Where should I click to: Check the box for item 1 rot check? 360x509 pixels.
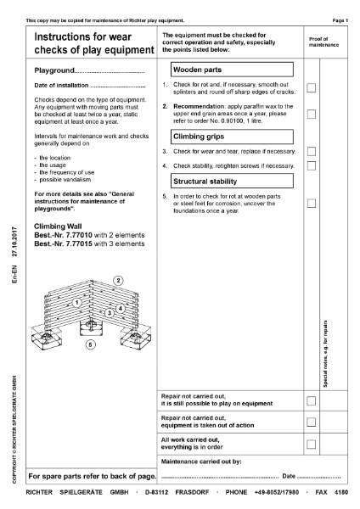(312, 87)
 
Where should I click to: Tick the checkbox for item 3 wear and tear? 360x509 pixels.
(312, 151)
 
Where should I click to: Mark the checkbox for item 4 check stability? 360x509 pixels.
(312, 165)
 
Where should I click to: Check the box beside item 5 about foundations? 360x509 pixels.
(312, 203)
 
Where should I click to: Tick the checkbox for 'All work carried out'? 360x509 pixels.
(312, 444)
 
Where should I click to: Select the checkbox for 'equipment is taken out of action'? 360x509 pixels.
(312, 422)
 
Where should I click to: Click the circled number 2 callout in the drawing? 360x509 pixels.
(118, 281)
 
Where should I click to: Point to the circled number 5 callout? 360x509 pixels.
(91, 344)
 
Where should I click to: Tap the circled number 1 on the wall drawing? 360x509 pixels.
(76, 302)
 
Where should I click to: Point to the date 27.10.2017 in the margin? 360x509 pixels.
(15, 242)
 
